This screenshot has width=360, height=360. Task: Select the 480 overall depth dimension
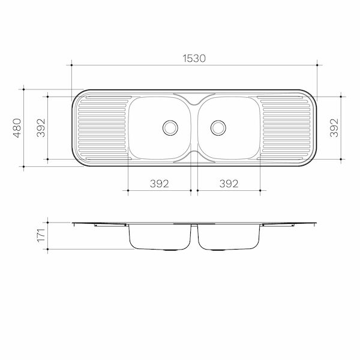(x=17, y=128)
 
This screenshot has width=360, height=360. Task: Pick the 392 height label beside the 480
(x=41, y=128)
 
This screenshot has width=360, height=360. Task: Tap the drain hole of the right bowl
(x=218, y=127)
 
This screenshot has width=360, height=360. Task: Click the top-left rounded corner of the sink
(x=77, y=96)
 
